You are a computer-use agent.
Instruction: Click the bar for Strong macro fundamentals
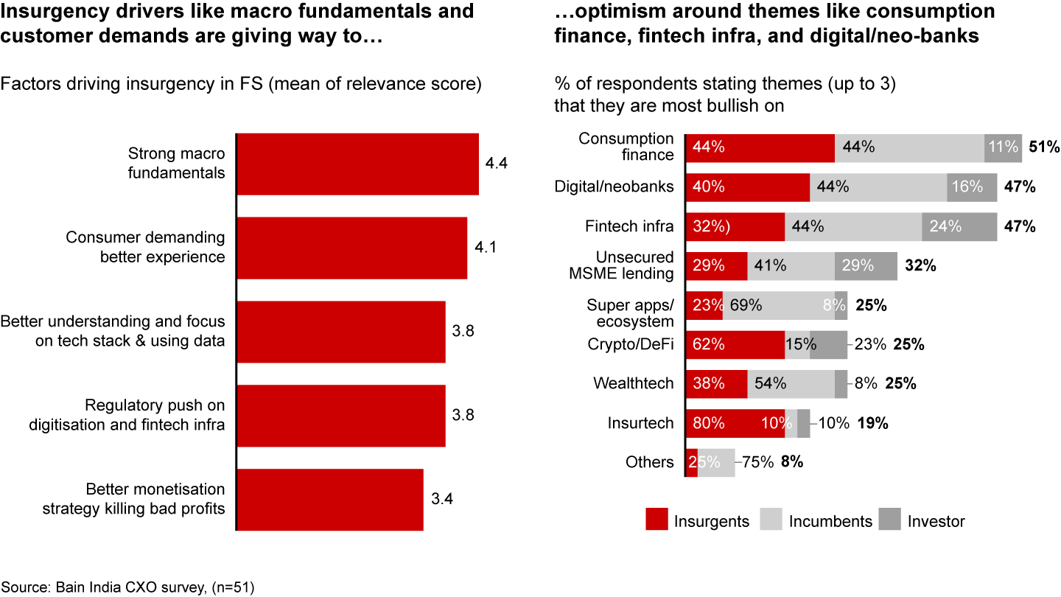(357, 164)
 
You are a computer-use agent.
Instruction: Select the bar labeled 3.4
(329, 499)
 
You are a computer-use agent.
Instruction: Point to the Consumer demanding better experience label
(145, 248)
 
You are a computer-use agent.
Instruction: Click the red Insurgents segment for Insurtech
(735, 424)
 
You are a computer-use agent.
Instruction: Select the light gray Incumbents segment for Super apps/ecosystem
(778, 305)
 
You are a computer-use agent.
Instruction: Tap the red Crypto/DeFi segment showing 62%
(735, 344)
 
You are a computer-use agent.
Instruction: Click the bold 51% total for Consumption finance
(1043, 147)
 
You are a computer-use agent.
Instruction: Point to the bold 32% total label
(920, 266)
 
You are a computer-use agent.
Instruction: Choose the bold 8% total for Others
(792, 463)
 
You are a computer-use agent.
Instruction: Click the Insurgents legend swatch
(657, 520)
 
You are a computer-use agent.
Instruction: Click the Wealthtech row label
(633, 383)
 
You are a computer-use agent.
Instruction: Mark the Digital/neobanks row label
(614, 186)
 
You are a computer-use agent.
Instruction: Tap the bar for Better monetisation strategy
(329, 499)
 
